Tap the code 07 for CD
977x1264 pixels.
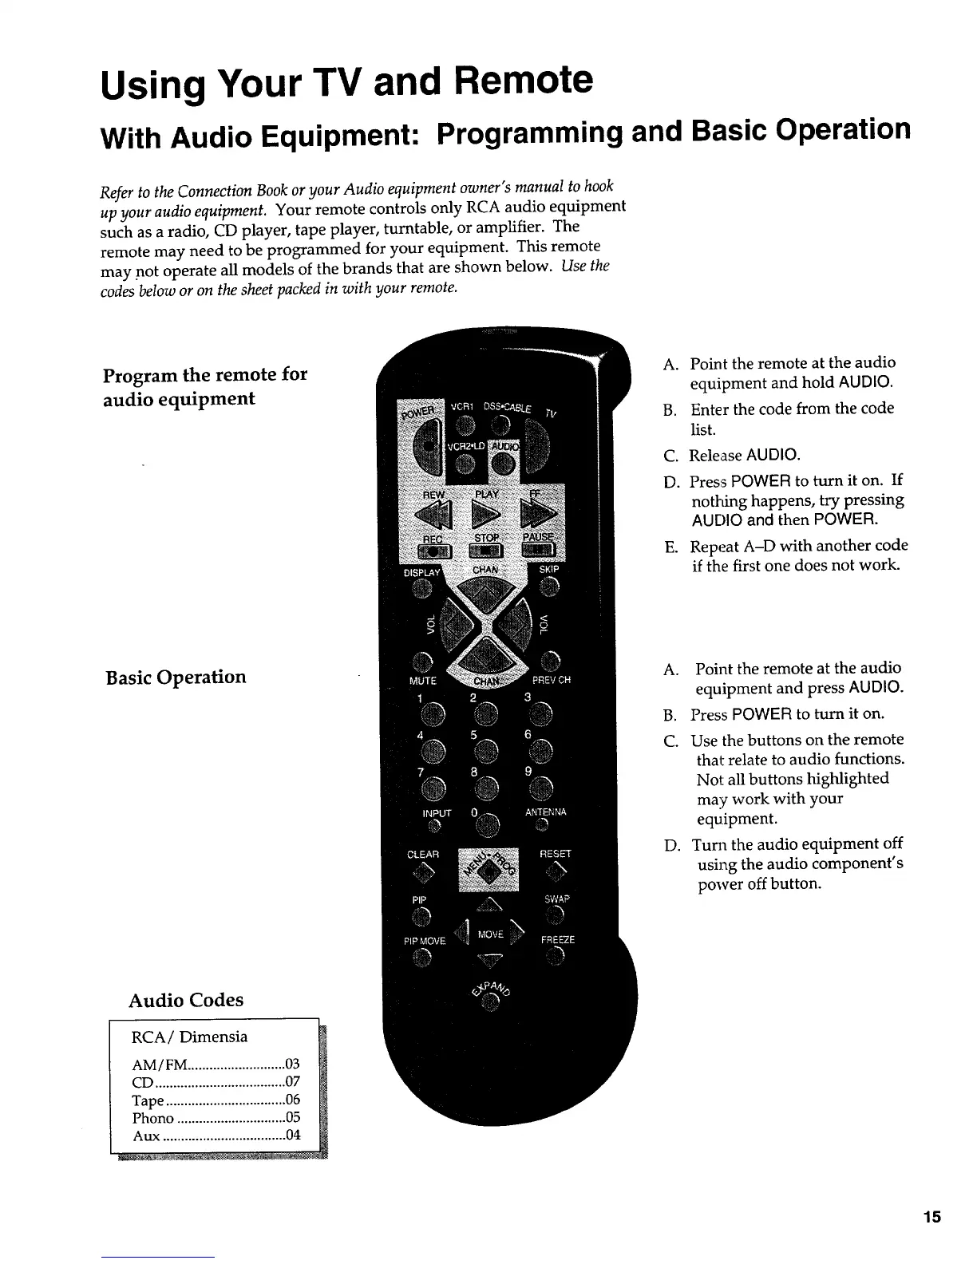[x=292, y=1083]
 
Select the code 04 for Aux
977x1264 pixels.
[x=292, y=1135]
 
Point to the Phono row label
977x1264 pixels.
[x=153, y=1118]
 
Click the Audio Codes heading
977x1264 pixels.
[x=186, y=1000]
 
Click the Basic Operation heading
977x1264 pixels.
[x=176, y=677]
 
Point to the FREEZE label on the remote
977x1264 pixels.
[x=557, y=939]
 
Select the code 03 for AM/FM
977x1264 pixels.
[x=292, y=1065]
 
